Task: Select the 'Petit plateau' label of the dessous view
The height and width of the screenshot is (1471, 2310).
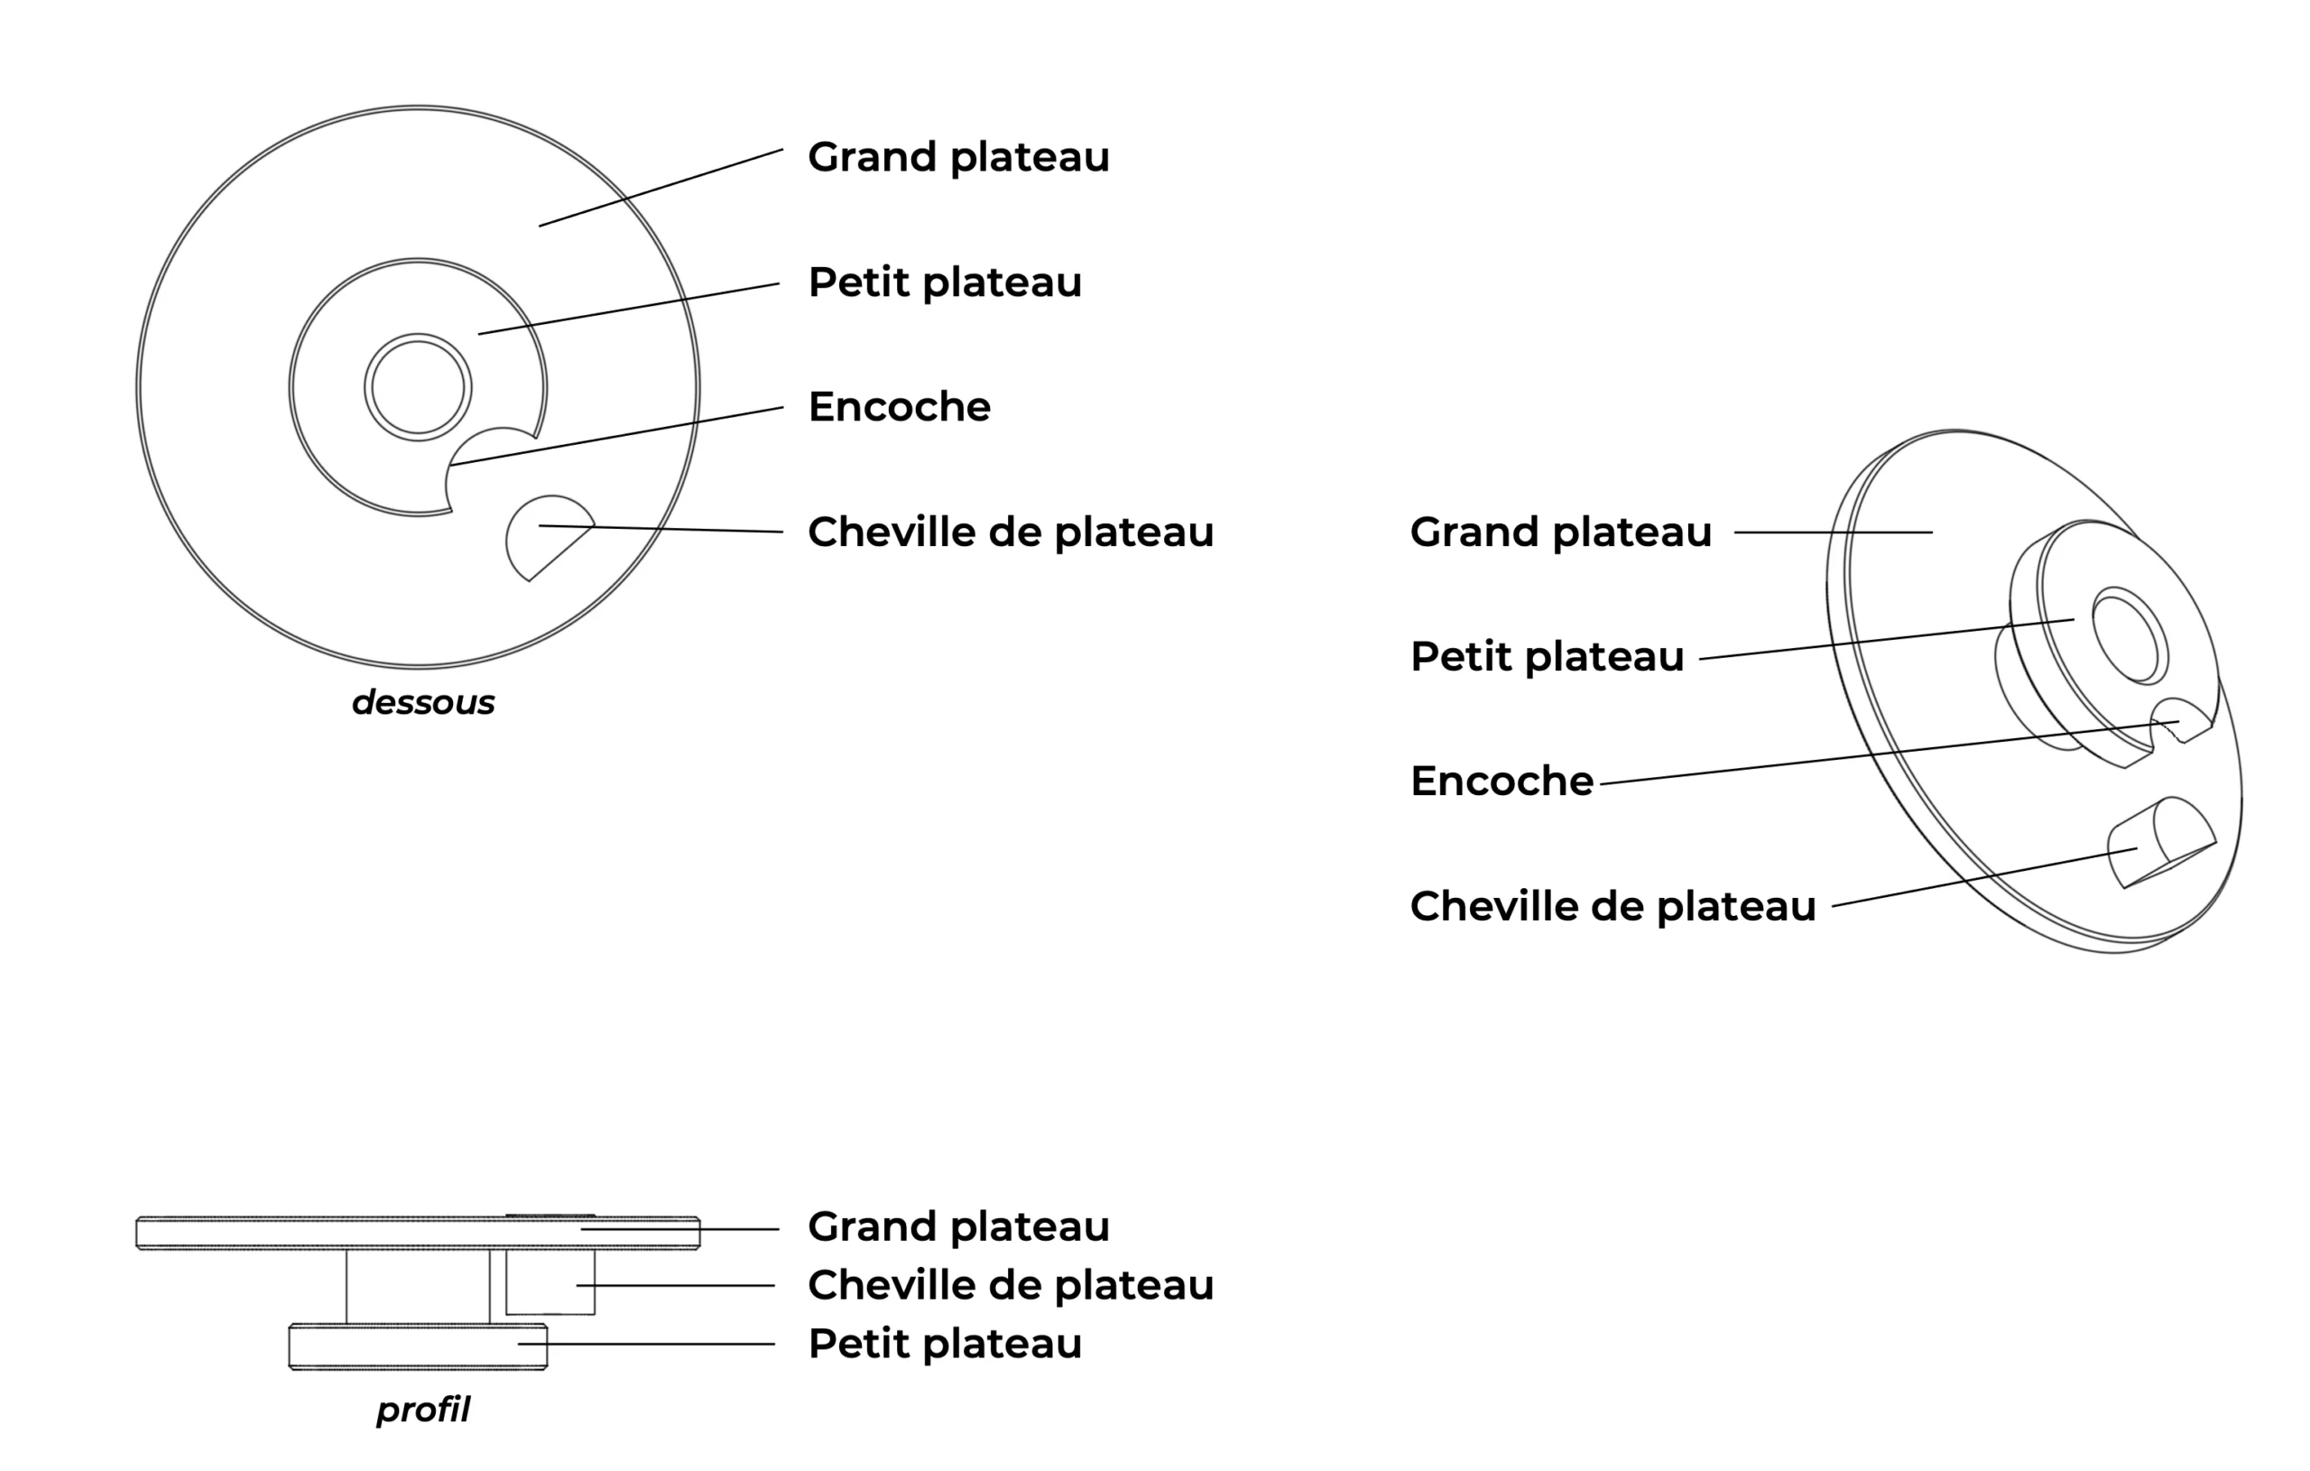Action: tap(945, 283)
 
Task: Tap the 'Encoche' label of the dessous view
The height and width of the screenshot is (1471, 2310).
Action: tap(899, 407)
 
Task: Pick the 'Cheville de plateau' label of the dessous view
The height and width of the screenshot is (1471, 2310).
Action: tap(1010, 532)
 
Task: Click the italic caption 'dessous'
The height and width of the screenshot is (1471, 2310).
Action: tap(423, 702)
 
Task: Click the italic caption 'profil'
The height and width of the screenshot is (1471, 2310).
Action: tap(423, 1410)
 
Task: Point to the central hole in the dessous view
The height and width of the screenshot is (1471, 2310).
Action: tap(419, 388)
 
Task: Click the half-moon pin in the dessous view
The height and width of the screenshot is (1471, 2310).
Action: tap(548, 535)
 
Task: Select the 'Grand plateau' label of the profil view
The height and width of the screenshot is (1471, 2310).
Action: tap(958, 1227)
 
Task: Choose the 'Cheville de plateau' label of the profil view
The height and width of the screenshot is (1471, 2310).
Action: tap(1010, 1286)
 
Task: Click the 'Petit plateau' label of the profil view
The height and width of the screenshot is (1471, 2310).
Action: tap(945, 1345)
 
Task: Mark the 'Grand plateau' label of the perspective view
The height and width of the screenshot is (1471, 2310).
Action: tap(1561, 532)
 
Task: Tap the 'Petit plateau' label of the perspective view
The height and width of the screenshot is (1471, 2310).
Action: tap(1548, 657)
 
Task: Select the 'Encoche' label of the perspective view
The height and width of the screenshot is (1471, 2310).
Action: tap(1501, 782)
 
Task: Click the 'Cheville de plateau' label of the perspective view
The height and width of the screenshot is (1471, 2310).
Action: tap(1612, 907)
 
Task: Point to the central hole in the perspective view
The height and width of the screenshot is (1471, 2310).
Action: tap(2130, 636)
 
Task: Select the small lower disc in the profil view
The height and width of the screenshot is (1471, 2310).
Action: tap(419, 1346)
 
